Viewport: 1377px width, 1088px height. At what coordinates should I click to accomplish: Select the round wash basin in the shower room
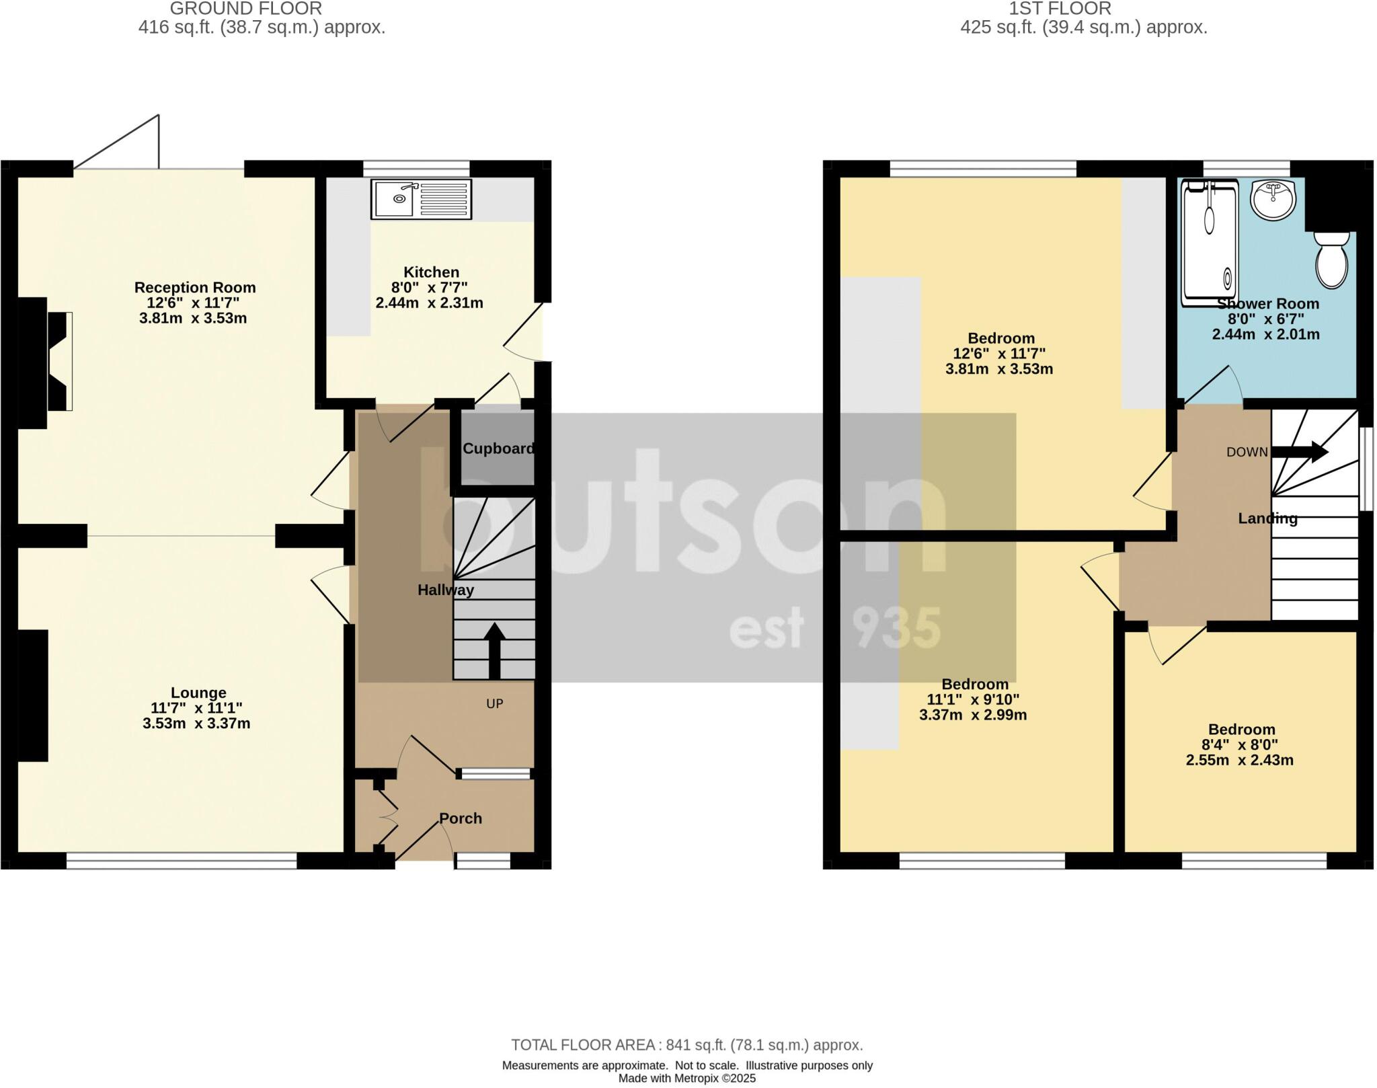click(1273, 200)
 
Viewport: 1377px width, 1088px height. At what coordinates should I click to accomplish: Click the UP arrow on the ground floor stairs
click(495, 650)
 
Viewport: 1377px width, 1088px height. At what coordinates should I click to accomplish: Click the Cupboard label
click(498, 449)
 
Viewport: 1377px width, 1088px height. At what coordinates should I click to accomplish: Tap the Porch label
click(461, 818)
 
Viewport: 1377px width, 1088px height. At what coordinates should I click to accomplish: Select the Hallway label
click(446, 590)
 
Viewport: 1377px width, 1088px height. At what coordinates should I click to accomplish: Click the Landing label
click(1267, 518)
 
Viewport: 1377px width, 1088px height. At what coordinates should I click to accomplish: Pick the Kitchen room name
click(431, 272)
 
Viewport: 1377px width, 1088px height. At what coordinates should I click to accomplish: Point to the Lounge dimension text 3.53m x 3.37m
click(196, 724)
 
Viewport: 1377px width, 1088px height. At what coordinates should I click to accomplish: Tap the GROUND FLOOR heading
click(245, 9)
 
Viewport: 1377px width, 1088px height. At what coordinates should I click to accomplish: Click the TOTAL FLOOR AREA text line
click(686, 1045)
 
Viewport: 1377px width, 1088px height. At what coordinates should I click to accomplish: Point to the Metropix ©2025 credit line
click(686, 1079)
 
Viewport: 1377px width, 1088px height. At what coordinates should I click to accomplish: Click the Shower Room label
click(1267, 304)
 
